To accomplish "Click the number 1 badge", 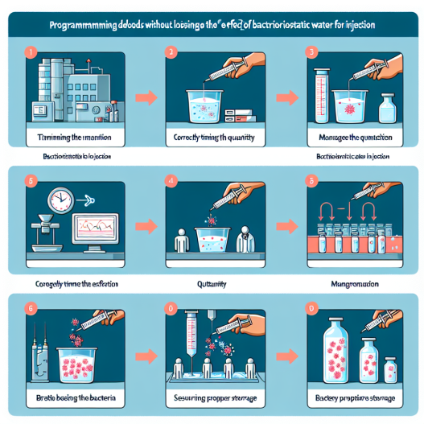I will coord(31,53).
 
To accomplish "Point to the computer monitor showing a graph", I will coord(94,229).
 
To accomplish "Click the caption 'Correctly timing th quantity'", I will coord(212,138).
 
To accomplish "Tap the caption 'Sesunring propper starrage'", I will coord(212,399).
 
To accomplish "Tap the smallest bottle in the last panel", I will coord(392,368).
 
